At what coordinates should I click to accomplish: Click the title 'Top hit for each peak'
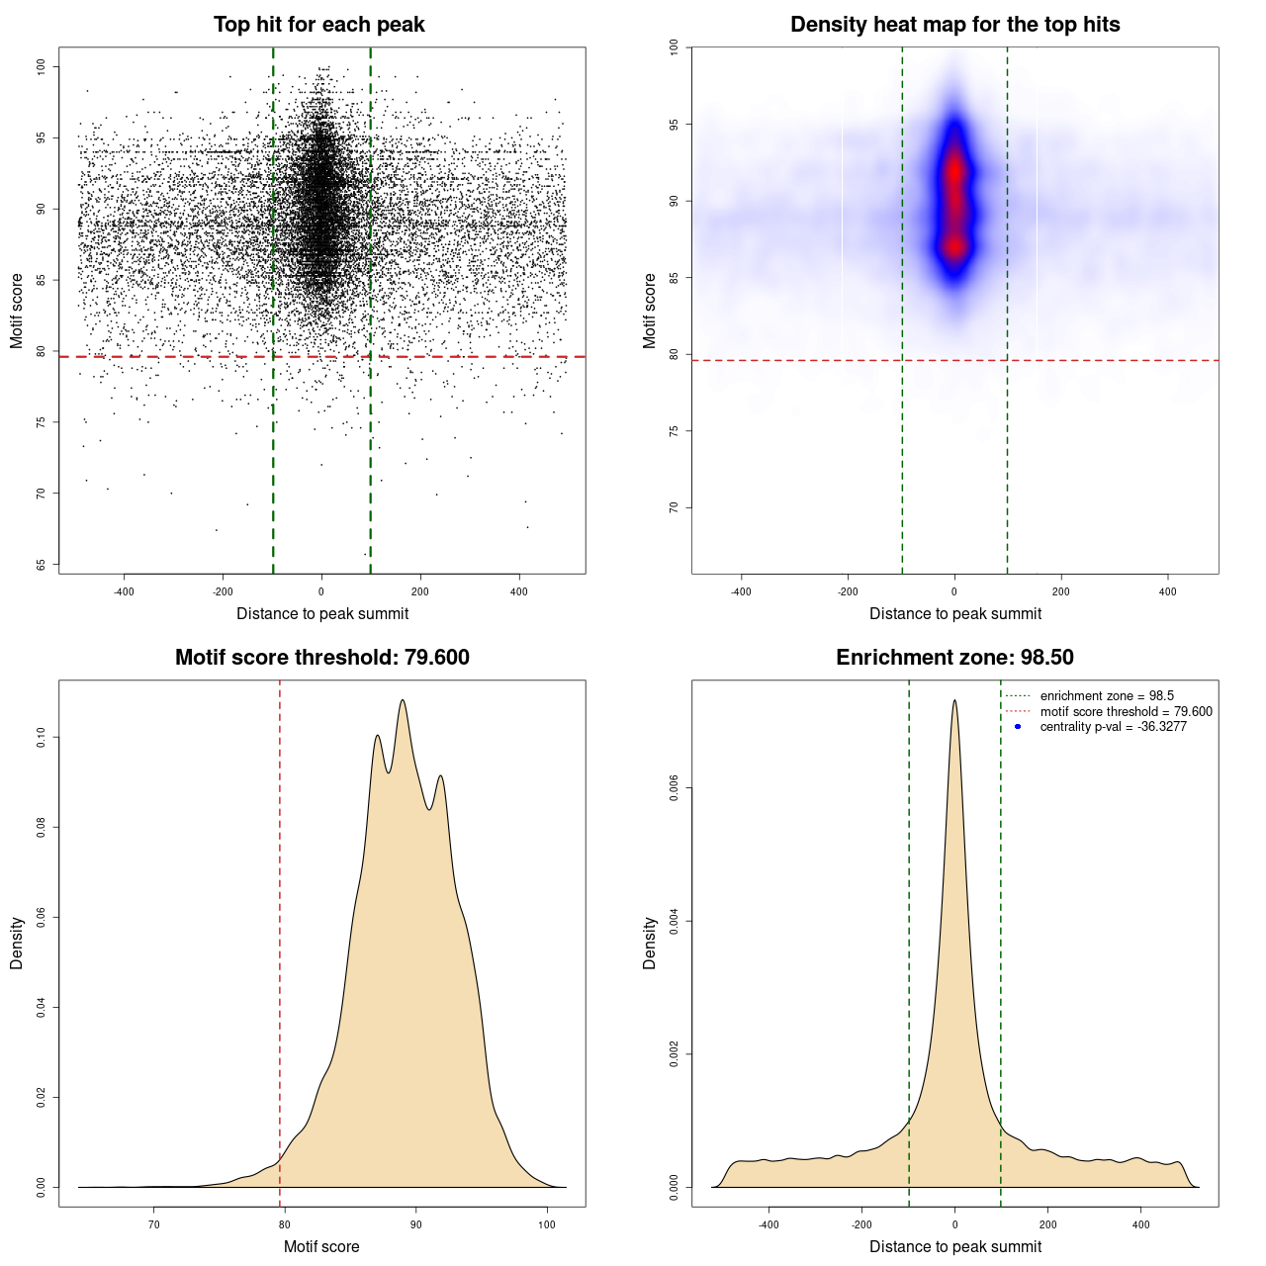(318, 25)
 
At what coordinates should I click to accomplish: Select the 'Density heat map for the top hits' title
(954, 25)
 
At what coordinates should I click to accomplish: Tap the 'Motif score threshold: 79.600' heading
(321, 658)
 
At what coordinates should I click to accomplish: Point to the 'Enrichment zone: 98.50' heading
(954, 658)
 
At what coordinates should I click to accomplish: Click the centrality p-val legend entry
(1113, 727)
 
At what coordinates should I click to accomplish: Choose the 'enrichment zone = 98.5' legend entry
(1107, 696)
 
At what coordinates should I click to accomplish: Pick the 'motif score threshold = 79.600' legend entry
(1126, 712)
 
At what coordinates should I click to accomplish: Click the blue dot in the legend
(1018, 727)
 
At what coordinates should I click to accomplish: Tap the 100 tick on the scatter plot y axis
(42, 66)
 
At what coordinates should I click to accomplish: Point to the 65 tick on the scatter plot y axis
(42, 565)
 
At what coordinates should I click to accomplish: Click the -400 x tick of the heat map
(741, 591)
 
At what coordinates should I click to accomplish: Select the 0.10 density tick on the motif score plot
(42, 737)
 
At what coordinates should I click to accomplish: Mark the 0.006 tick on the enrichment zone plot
(675, 788)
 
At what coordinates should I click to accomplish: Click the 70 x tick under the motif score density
(154, 1224)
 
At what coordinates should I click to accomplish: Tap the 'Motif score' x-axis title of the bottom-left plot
(321, 1247)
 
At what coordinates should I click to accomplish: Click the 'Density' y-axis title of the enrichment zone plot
(650, 943)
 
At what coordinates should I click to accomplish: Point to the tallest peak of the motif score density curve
(403, 700)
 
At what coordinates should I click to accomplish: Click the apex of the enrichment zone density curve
(954, 700)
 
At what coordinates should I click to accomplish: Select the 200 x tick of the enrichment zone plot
(1047, 1224)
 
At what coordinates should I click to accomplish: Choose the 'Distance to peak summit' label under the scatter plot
(322, 614)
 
